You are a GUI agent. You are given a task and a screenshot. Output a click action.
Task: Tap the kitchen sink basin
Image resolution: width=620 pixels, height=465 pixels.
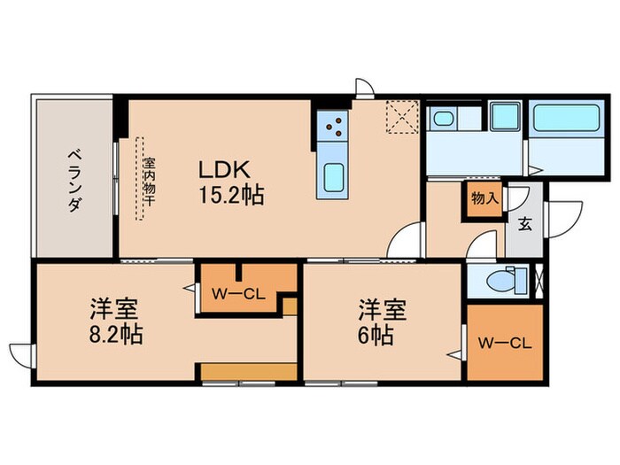coord(335,179)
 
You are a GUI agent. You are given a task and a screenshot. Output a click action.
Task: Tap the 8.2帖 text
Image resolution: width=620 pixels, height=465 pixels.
coord(116,336)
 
